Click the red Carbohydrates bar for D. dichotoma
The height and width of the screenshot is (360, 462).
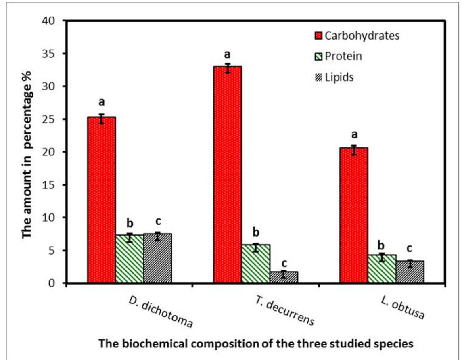coord(101,200)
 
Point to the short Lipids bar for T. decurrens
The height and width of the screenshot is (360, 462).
coord(284,277)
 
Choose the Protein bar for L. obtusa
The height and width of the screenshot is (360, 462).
coord(382,269)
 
